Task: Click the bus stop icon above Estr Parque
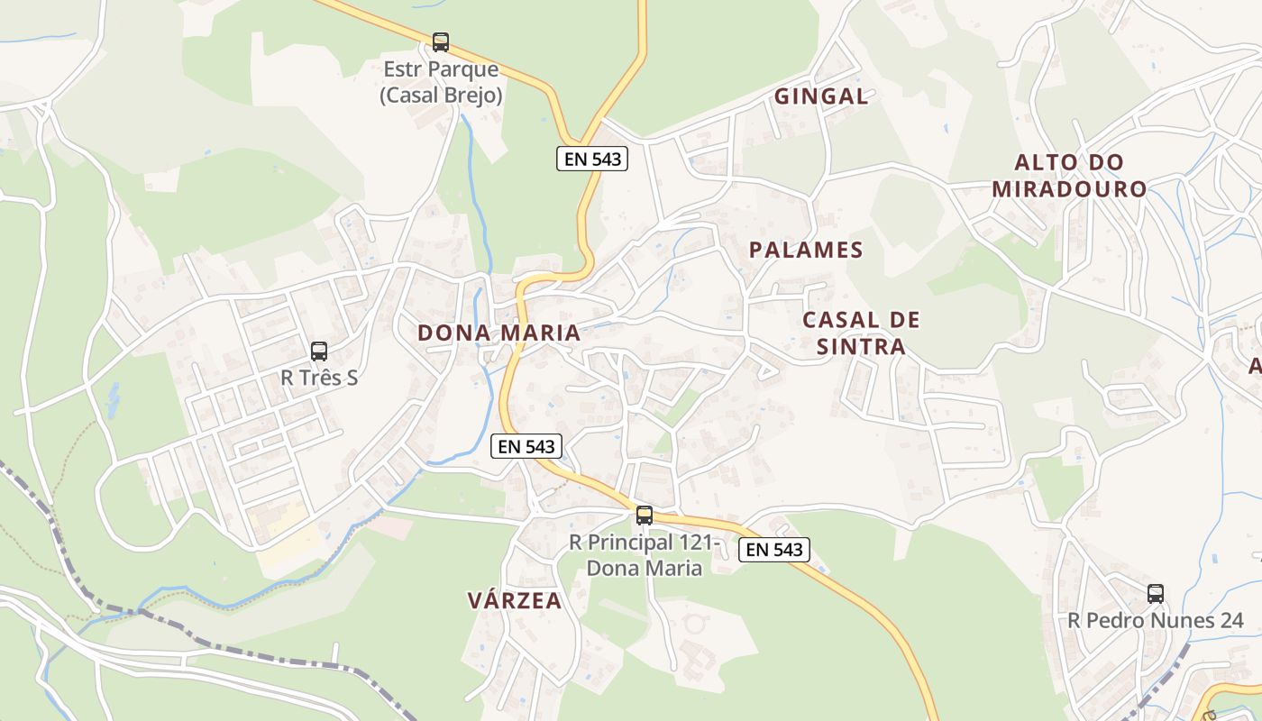441,41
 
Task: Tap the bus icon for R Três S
319,351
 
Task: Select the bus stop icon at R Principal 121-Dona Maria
644,516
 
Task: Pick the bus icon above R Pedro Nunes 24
1156,594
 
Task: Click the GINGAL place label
821,96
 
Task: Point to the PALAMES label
806,250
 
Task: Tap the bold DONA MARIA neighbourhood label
498,333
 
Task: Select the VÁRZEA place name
515,600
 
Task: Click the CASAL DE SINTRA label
861,333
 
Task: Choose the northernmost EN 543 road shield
591,159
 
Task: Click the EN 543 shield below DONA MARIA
527,445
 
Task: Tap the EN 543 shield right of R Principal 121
774,549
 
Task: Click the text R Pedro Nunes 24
1156,620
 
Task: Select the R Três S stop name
319,378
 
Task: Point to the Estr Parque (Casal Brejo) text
441,82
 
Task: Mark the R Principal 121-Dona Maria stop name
644,555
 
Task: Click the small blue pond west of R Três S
113,397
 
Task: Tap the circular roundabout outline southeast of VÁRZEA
694,623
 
